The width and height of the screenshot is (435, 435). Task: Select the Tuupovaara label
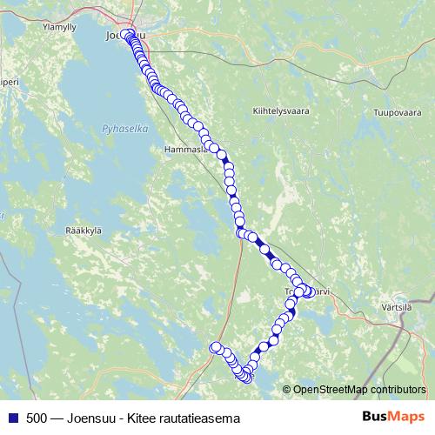(x=384, y=112)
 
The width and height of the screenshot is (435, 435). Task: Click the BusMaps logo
(x=392, y=418)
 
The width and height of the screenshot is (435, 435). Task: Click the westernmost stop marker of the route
(x=216, y=348)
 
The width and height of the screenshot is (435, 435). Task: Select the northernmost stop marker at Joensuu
(x=127, y=35)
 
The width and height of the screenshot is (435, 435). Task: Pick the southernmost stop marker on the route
(x=245, y=378)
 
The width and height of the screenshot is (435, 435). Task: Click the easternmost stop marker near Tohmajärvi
(x=310, y=291)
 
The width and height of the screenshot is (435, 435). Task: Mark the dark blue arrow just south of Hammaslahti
(x=228, y=160)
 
